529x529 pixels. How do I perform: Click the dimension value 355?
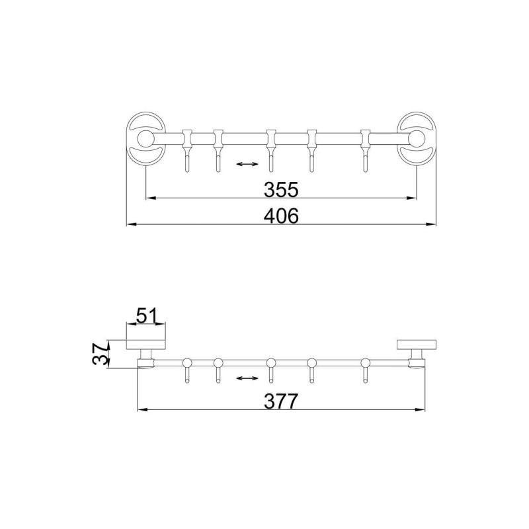[x=281, y=189]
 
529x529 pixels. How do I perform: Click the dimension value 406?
[x=281, y=216]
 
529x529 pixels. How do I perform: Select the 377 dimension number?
[x=281, y=401]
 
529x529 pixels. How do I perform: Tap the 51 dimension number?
[x=146, y=316]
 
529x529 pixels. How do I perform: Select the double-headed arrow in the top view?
[x=247, y=164]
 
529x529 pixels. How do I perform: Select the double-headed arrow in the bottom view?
[x=247, y=378]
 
